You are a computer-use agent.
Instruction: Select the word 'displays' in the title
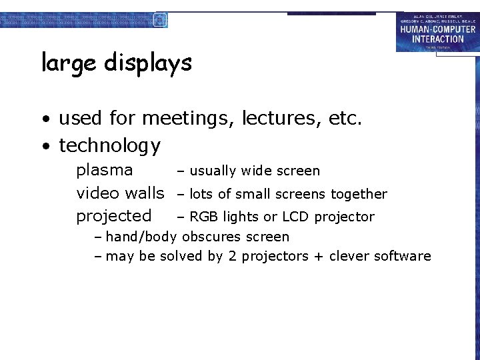[147, 63]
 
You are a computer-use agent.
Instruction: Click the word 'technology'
[110, 145]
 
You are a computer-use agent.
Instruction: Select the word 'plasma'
[105, 170]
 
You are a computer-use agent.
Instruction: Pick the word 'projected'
[114, 216]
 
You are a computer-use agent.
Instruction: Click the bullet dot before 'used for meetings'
[45, 121]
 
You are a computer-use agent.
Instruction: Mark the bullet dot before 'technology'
[45, 147]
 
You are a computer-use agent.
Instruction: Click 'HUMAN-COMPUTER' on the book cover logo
[438, 29]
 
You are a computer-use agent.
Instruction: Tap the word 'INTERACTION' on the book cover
[438, 39]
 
